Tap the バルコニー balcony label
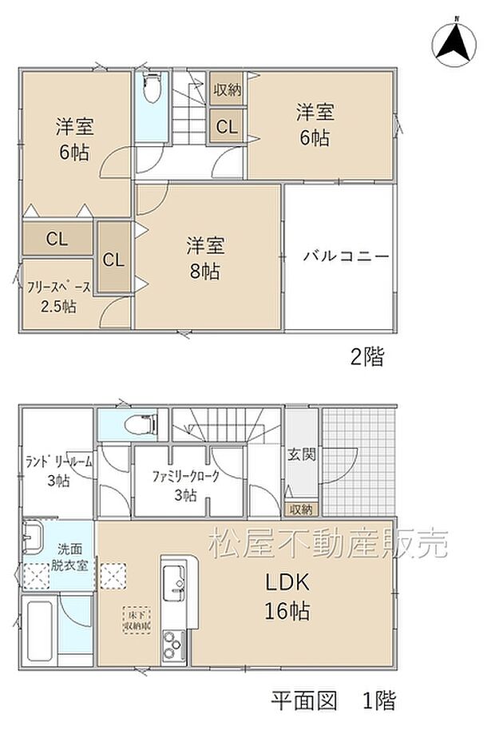[x=346, y=256]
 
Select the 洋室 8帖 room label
[x=204, y=256]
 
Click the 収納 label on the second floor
[x=228, y=90]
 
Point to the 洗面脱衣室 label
[x=73, y=557]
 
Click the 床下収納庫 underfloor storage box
[x=135, y=621]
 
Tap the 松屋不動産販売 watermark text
[x=329, y=544]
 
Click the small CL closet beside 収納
[x=228, y=126]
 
